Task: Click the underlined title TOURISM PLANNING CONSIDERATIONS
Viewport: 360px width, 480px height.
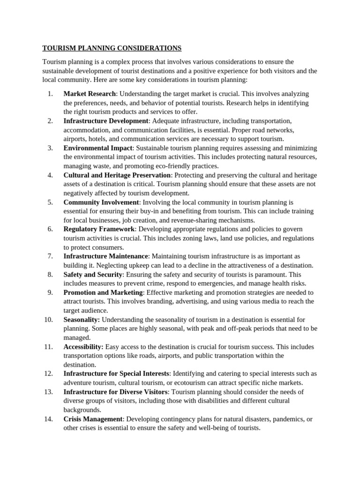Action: pos(112,48)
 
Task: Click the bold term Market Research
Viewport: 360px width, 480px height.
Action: pos(89,94)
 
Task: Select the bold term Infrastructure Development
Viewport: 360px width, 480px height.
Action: pos(106,121)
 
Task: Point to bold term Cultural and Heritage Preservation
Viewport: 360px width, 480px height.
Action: pos(118,175)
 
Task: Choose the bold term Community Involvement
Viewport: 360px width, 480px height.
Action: pos(101,202)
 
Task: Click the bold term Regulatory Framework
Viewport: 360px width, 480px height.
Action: pos(99,229)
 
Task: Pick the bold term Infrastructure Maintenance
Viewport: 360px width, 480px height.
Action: pos(106,256)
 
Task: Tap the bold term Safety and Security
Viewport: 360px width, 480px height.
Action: pos(93,275)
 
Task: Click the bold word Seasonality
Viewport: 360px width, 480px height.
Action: pos(82,320)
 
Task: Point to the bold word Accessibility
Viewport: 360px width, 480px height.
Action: pos(83,347)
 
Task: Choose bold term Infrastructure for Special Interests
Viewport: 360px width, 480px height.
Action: pos(116,374)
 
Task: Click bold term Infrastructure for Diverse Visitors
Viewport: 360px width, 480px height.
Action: pos(115,392)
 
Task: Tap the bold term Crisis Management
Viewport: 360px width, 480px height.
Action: pos(93,419)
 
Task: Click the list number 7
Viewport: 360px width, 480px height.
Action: pos(50,256)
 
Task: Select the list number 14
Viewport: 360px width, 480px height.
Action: pos(48,419)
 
